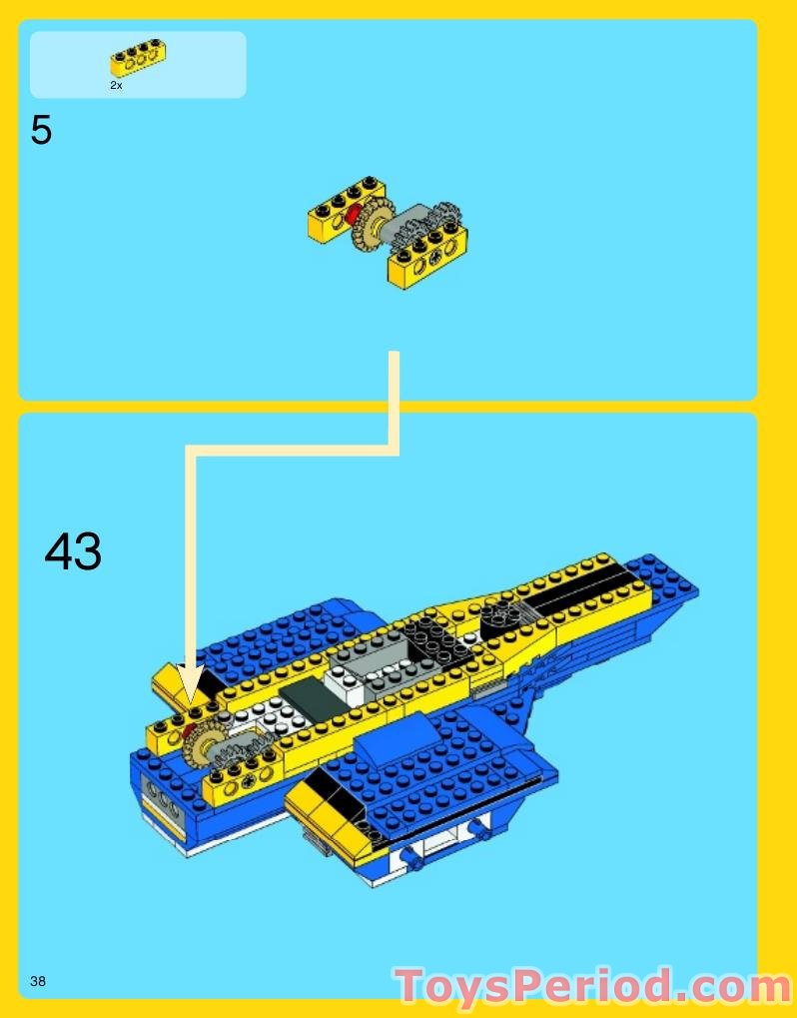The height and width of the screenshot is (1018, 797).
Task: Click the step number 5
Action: click(x=41, y=131)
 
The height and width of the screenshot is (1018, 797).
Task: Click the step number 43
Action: click(x=73, y=551)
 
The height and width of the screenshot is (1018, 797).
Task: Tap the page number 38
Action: click(x=38, y=981)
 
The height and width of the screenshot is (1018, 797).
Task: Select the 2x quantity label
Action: click(x=116, y=86)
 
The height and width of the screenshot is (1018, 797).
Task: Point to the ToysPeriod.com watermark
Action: click(x=593, y=987)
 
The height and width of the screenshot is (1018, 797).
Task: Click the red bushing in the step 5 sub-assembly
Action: click(x=350, y=216)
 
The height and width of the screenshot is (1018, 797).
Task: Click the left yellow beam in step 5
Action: click(x=345, y=208)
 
